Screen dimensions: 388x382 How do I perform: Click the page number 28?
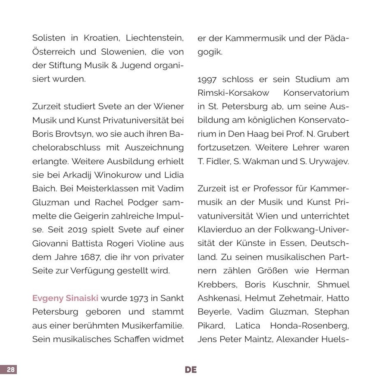pyautogui.click(x=10, y=369)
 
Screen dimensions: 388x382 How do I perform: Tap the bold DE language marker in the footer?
pyautogui.click(x=191, y=369)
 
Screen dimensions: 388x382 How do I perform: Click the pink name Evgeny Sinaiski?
pyautogui.click(x=65, y=298)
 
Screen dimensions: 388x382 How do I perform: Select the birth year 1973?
pyautogui.click(x=140, y=298)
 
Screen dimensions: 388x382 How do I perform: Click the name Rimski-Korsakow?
pyautogui.click(x=233, y=93)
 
